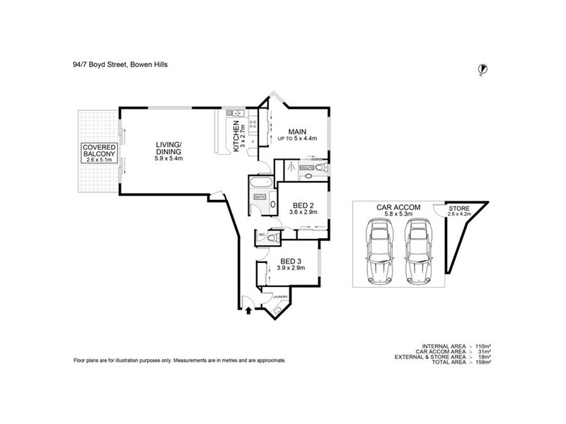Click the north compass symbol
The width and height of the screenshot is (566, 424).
(x=484, y=69)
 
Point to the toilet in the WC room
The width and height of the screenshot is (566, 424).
(x=270, y=239)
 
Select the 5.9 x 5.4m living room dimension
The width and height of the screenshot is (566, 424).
(x=169, y=158)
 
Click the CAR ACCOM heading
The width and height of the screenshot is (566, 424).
(x=398, y=207)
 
